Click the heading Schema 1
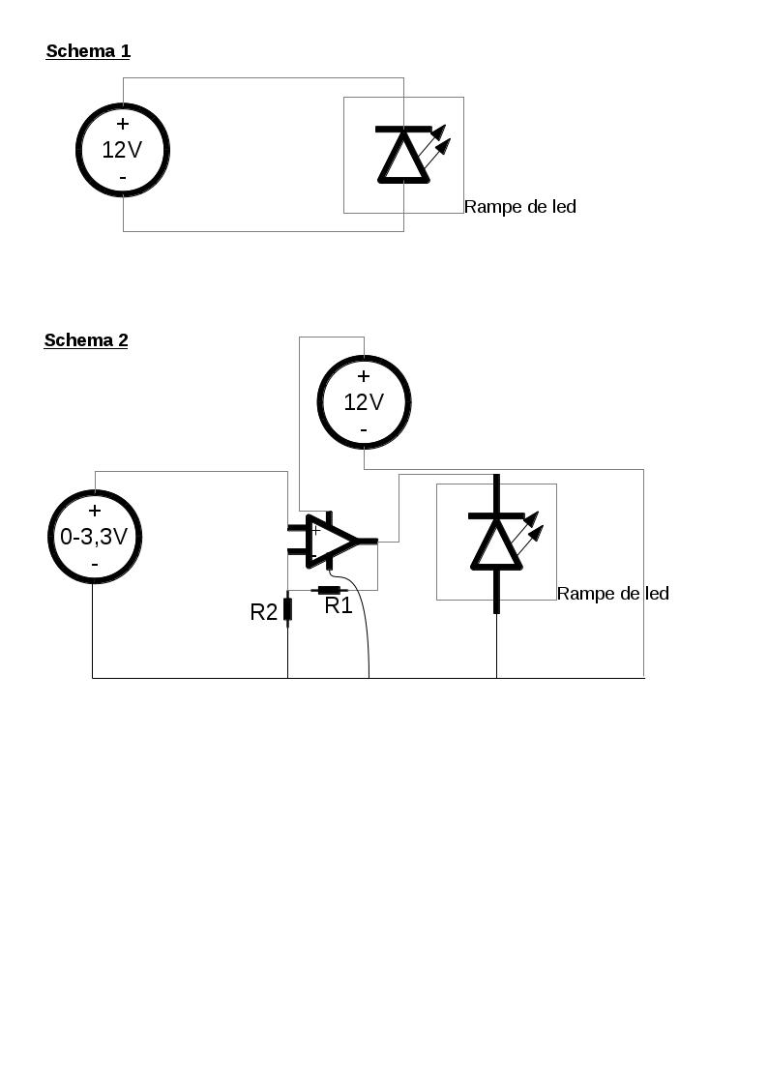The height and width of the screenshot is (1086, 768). click(x=88, y=51)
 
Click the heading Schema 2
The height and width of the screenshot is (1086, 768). click(x=86, y=340)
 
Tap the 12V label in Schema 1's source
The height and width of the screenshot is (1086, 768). click(x=122, y=150)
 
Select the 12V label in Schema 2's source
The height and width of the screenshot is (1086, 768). click(x=364, y=402)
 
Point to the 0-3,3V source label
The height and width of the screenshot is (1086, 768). click(x=94, y=537)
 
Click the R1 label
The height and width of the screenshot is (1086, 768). click(x=339, y=606)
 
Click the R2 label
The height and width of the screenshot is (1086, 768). click(x=264, y=612)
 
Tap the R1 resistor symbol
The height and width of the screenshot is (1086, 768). click(x=329, y=590)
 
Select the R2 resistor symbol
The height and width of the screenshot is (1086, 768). click(x=287, y=609)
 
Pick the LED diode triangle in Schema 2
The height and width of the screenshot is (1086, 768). click(x=496, y=543)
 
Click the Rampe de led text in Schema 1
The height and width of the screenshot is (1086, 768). click(x=520, y=207)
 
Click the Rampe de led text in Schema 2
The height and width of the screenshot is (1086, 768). click(x=613, y=594)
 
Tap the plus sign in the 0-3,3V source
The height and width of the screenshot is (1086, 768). click(x=95, y=511)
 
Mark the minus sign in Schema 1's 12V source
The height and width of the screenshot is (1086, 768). click(x=123, y=177)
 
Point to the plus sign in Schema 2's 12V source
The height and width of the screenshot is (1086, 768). click(x=364, y=376)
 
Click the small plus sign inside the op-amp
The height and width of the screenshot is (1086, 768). click(x=315, y=530)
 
